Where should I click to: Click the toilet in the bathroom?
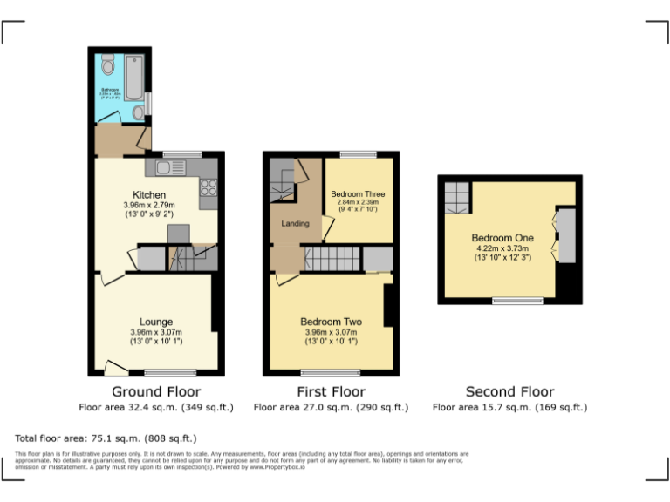click(x=107, y=64)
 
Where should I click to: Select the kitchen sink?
click(x=167, y=167)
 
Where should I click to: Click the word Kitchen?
click(x=149, y=194)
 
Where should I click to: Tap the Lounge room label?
click(x=156, y=322)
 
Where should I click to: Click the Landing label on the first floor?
click(x=295, y=224)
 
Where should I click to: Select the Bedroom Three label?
click(x=358, y=193)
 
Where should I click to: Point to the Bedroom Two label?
click(x=331, y=322)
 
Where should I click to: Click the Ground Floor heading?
click(x=156, y=392)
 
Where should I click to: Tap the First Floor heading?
click(x=331, y=392)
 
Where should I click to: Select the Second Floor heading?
click(x=509, y=392)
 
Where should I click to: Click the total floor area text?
click(x=106, y=438)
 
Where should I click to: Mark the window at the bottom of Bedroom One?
click(x=516, y=302)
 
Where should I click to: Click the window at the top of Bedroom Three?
click(x=358, y=154)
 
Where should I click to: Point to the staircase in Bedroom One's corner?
click(x=456, y=198)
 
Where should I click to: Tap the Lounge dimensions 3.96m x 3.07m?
click(x=156, y=332)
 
